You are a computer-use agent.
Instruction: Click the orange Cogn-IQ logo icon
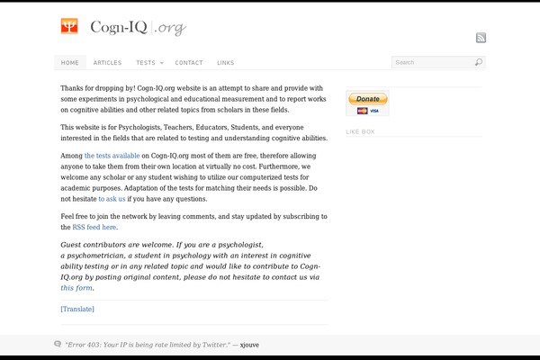tap(69, 27)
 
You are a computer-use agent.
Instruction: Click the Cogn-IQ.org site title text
tap(138, 28)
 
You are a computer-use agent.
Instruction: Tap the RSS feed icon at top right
tap(481, 38)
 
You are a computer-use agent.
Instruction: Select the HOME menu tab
tap(70, 63)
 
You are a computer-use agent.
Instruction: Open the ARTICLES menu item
tap(107, 63)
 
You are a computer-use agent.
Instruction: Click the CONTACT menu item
tap(189, 63)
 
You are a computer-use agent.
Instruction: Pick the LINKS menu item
tap(225, 63)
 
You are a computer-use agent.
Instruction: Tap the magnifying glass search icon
tap(479, 63)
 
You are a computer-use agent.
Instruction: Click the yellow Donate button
tap(367, 99)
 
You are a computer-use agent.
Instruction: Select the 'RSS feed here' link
tap(94, 228)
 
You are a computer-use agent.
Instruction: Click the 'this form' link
tap(76, 288)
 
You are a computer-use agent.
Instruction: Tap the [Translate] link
tap(77, 310)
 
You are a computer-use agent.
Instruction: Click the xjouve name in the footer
tap(251, 345)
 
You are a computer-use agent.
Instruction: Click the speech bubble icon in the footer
tap(58, 344)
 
